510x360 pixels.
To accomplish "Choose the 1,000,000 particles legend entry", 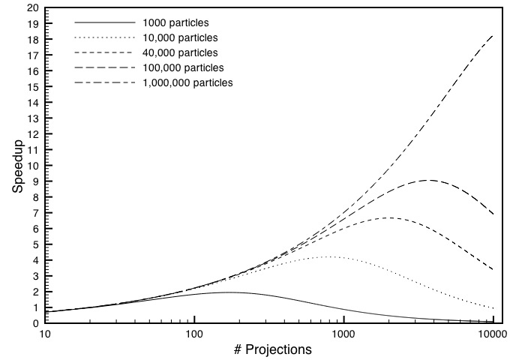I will point(187,82).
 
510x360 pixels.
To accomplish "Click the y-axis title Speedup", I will point(18,165).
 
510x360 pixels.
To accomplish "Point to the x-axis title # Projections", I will point(268,349).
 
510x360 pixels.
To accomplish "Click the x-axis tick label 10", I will point(45,334).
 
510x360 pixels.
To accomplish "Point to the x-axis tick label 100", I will point(194,334).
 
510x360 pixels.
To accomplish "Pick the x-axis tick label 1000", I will point(343,334).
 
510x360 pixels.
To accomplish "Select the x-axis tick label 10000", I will point(491,334).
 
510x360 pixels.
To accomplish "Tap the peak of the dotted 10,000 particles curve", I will point(330,256).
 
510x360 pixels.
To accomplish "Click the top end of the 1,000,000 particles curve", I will point(493,35).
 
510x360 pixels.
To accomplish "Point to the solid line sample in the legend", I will point(104,22).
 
